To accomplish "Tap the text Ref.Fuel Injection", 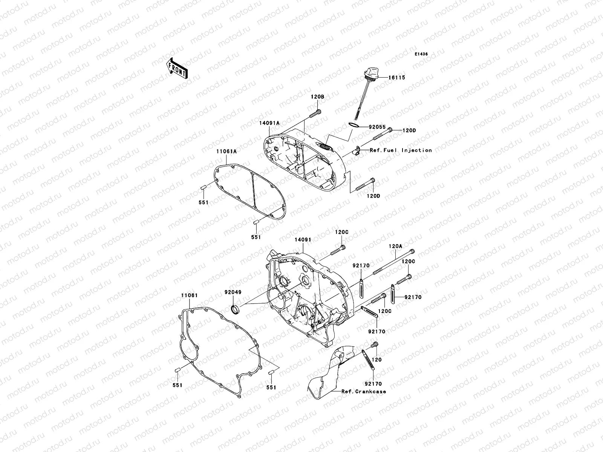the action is point(395,150).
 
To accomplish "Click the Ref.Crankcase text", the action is point(364,391).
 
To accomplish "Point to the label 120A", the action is point(396,246).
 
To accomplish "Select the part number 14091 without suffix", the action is point(302,239).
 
